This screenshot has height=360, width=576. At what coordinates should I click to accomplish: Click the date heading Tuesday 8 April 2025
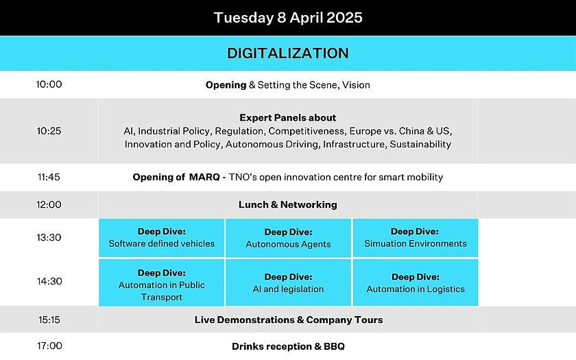pos(288,18)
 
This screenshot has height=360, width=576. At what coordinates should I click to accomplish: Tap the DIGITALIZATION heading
pos(288,53)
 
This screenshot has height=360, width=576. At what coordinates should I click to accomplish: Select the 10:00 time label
pos(49,84)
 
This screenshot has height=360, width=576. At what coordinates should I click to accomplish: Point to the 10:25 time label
pos(49,131)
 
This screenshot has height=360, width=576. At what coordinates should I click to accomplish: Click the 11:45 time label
pos(49,177)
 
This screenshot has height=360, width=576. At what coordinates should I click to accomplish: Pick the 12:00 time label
pos(49,204)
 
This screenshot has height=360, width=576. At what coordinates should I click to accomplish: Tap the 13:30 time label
pos(49,237)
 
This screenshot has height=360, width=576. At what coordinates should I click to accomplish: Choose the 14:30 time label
pos(49,281)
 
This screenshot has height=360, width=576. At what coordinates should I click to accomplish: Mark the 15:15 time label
pos(49,320)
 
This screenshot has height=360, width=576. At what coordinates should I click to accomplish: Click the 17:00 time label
pos(49,346)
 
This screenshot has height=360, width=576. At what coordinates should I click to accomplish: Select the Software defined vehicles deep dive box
pos(162,238)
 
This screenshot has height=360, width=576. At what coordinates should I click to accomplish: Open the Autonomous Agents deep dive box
pos(289,238)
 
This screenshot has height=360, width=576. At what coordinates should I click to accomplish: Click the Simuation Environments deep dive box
pos(416,238)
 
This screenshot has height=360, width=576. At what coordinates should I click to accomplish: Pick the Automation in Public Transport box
pos(162,283)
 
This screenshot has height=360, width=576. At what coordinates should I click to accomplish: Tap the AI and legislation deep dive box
pos(289,283)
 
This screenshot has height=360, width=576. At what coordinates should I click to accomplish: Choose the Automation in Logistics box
pos(416,283)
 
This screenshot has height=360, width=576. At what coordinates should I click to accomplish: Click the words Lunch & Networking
pos(287,204)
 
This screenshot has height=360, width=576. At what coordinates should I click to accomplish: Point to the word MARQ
pos(204,177)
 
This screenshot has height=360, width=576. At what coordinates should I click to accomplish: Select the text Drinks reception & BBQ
pos(289,346)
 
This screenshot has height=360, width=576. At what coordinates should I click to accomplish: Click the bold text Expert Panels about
pos(287,117)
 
